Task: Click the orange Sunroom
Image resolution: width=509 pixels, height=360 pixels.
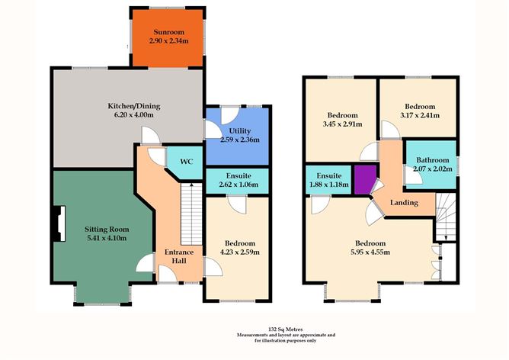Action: pos(168,37)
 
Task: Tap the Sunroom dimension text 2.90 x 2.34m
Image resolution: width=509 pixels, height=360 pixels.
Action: pos(169,41)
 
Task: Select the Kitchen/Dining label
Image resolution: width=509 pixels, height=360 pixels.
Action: pos(134,106)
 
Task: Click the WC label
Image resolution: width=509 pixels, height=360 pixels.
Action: pos(187,161)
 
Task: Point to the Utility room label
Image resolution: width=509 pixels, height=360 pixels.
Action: pos(240,130)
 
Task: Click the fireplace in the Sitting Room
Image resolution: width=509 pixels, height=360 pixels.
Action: pos(59,224)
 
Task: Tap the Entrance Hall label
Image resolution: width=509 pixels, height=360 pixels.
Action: pos(179,256)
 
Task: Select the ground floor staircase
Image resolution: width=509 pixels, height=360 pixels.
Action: pos(191,214)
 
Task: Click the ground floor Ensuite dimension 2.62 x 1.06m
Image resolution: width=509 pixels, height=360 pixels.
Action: pos(238,185)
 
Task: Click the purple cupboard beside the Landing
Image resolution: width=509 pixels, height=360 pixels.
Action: pos(365,179)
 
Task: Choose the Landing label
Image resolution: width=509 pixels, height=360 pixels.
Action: pos(404,203)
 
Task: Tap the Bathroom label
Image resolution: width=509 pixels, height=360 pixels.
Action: pos(433,160)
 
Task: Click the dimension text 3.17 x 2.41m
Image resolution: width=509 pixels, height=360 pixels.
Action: pos(420,115)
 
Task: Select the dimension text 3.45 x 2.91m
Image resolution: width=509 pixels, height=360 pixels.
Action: pos(342,124)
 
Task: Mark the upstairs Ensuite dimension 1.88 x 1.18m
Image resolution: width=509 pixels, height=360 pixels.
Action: pos(329,185)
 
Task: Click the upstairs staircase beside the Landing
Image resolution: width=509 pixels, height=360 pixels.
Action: pos(446,217)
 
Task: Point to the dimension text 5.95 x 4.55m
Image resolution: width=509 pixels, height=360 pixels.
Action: pos(370,252)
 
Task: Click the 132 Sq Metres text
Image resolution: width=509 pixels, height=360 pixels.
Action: pos(286,329)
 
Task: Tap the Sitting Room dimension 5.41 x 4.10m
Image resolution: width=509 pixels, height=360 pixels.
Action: pos(107,238)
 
